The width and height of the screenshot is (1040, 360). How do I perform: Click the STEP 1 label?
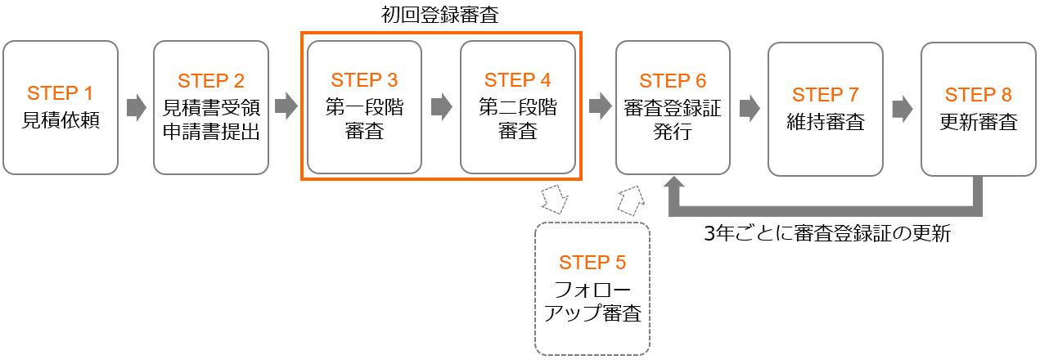[x=61, y=92]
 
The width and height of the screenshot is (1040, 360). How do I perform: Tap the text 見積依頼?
[x=61, y=121]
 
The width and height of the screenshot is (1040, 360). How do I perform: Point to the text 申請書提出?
[x=211, y=131]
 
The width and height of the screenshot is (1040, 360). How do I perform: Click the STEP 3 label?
[x=364, y=80]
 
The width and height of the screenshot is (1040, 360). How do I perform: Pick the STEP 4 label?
[x=517, y=80]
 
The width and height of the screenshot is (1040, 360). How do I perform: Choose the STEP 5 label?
[x=592, y=263]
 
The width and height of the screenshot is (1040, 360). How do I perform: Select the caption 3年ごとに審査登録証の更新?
[x=827, y=235]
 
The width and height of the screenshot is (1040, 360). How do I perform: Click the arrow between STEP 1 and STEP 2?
[x=136, y=106]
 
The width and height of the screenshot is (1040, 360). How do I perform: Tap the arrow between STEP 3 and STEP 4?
[x=441, y=106]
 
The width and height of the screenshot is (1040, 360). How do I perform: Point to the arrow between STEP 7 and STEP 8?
[x=903, y=108]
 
